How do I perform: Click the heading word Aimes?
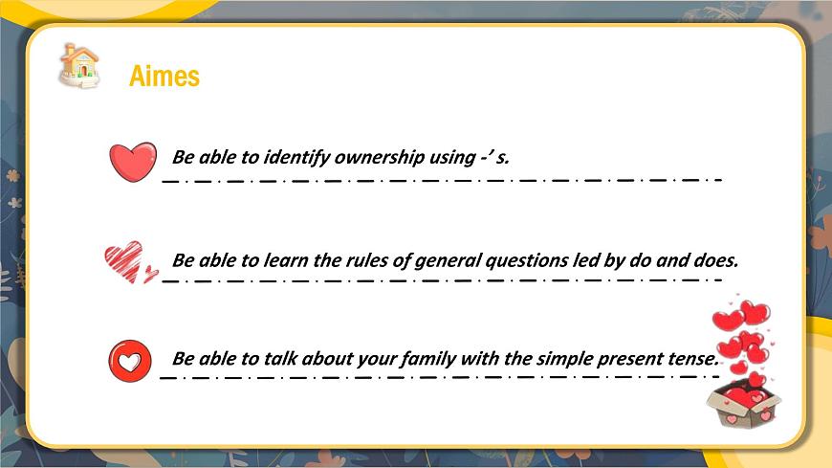164,76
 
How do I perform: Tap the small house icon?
79,65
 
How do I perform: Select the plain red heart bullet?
133,161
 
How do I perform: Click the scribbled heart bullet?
128,261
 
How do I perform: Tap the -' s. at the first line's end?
495,157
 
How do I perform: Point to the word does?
716,259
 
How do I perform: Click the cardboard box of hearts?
744,402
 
